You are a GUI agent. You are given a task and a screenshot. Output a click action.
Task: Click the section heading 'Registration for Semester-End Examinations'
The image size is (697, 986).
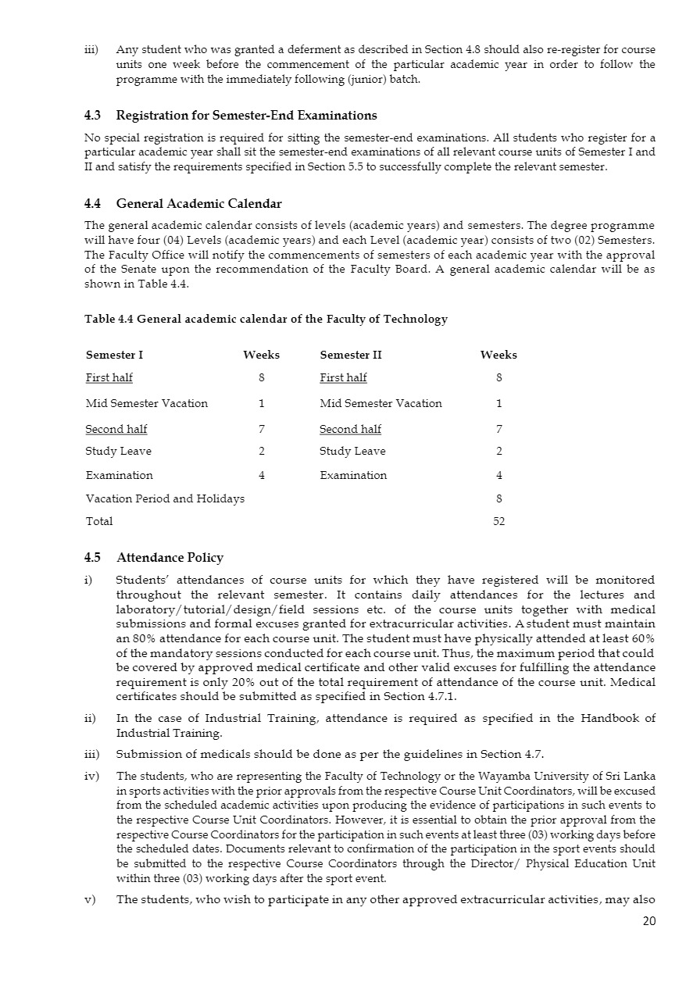tap(246, 116)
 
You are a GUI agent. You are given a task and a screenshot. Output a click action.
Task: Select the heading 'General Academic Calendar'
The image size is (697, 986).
tap(198, 204)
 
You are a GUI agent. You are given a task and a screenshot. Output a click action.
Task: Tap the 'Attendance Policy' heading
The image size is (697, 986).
tap(170, 558)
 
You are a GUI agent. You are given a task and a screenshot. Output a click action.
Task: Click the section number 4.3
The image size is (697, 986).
tap(92, 116)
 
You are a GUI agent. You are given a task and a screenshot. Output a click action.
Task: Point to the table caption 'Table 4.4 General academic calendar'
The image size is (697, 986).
tap(266, 319)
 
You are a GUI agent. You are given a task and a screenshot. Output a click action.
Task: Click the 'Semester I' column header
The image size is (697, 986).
tap(114, 355)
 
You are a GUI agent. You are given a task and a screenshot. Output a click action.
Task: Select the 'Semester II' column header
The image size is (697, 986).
tap(351, 355)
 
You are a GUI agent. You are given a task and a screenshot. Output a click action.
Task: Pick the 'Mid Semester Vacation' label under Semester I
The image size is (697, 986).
tap(147, 404)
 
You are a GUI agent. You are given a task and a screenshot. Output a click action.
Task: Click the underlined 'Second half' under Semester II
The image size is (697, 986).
tap(350, 429)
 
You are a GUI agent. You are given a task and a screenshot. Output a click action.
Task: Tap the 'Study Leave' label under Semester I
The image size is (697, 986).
tap(119, 452)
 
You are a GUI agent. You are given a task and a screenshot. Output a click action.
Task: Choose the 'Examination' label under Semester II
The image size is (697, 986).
tap(353, 475)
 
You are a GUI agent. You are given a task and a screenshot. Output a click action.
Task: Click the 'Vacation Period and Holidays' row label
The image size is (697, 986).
tap(165, 498)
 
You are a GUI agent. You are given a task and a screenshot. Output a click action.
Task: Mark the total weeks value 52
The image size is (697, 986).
tap(499, 521)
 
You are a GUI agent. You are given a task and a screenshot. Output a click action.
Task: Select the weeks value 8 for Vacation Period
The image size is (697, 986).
tap(499, 498)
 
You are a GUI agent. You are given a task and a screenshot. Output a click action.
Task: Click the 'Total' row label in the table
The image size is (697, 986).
tap(99, 521)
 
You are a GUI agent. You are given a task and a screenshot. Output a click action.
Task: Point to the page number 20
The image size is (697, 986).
tap(649, 920)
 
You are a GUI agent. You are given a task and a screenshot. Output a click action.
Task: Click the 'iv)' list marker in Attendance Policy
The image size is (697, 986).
tap(91, 776)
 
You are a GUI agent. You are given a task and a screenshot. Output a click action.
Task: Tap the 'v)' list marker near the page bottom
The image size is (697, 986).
tap(90, 899)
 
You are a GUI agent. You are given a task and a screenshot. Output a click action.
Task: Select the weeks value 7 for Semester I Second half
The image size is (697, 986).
tap(261, 429)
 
